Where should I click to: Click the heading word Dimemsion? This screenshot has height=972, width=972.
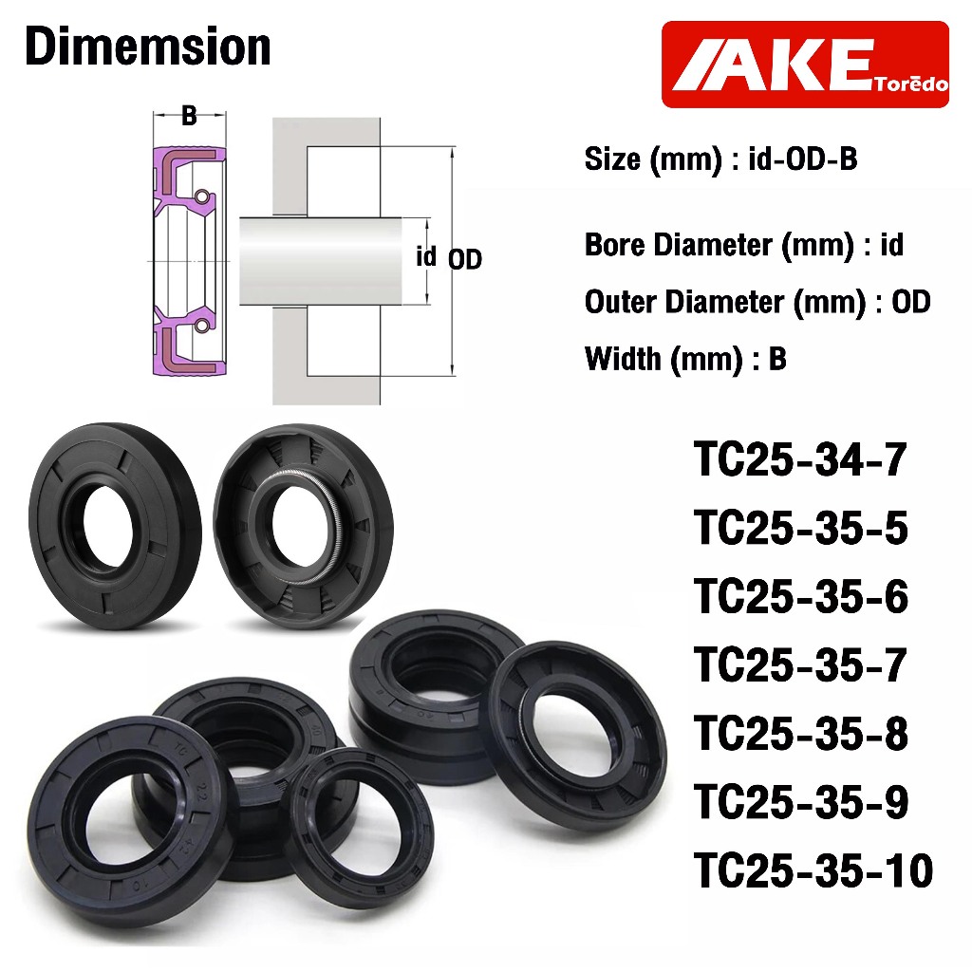tap(148, 47)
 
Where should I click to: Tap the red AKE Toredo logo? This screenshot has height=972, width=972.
tap(805, 65)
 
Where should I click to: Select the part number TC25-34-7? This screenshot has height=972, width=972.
tap(800, 459)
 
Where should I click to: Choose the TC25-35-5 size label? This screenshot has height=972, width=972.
tap(801, 528)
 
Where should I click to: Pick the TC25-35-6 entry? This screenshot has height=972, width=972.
tap(801, 596)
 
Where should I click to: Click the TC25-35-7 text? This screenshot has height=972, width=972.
tap(800, 664)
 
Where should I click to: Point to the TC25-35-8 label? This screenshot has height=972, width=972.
tap(801, 733)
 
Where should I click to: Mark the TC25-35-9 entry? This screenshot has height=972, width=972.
tap(801, 801)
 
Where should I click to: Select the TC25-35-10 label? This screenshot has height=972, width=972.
tap(813, 870)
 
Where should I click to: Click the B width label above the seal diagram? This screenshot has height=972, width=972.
tap(189, 115)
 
